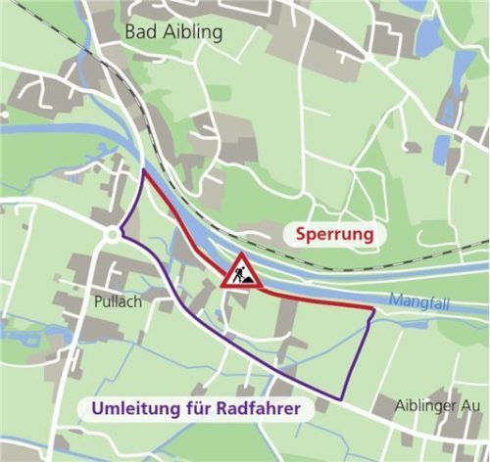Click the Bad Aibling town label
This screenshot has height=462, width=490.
[173, 32]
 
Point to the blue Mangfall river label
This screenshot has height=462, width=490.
[418, 302]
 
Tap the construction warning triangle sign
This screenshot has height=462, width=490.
[241, 273]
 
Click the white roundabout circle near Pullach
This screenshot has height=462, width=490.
[112, 235]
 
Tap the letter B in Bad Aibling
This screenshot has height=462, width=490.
[131, 32]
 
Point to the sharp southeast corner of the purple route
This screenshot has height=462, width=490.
[342, 399]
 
